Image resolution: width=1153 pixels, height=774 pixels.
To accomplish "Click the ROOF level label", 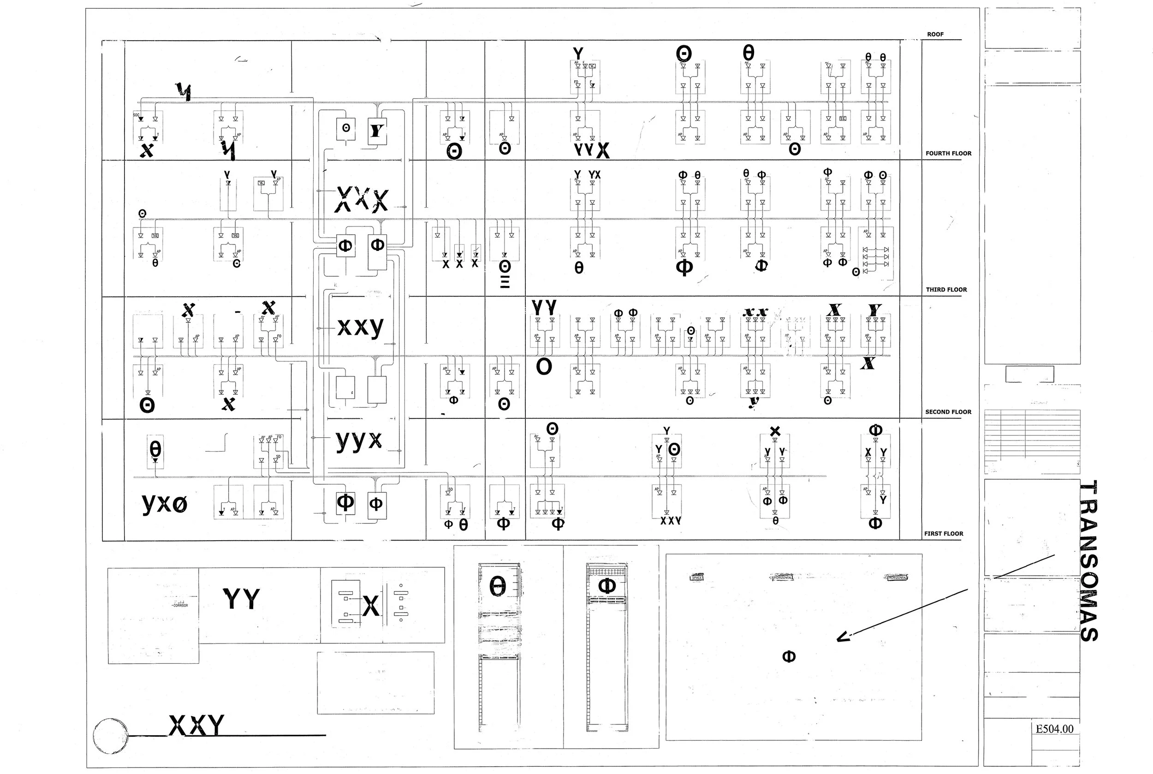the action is click(935, 35).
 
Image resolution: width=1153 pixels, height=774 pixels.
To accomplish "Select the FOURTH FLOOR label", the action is click(948, 154).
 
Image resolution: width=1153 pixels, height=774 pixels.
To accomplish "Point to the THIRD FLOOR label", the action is click(946, 290).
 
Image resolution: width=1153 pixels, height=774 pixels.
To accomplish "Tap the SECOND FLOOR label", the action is click(948, 412).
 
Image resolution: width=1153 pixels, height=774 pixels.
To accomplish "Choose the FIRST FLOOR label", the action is click(943, 534).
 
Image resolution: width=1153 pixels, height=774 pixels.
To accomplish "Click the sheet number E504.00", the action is click(1054, 729).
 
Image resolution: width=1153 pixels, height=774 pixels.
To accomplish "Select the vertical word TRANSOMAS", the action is click(1088, 561).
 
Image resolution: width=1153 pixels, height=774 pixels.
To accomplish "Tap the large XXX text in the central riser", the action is click(362, 199).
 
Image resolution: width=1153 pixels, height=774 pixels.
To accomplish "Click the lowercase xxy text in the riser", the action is click(360, 327).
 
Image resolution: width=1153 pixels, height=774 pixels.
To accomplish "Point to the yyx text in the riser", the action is click(359, 440).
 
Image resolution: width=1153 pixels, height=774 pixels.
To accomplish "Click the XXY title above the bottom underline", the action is click(196, 725).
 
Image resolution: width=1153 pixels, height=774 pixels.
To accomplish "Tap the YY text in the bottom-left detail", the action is click(241, 599).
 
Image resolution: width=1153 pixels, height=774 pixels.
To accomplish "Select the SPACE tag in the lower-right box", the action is click(697, 578).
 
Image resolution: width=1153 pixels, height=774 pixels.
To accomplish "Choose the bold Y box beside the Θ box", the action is click(377, 131).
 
